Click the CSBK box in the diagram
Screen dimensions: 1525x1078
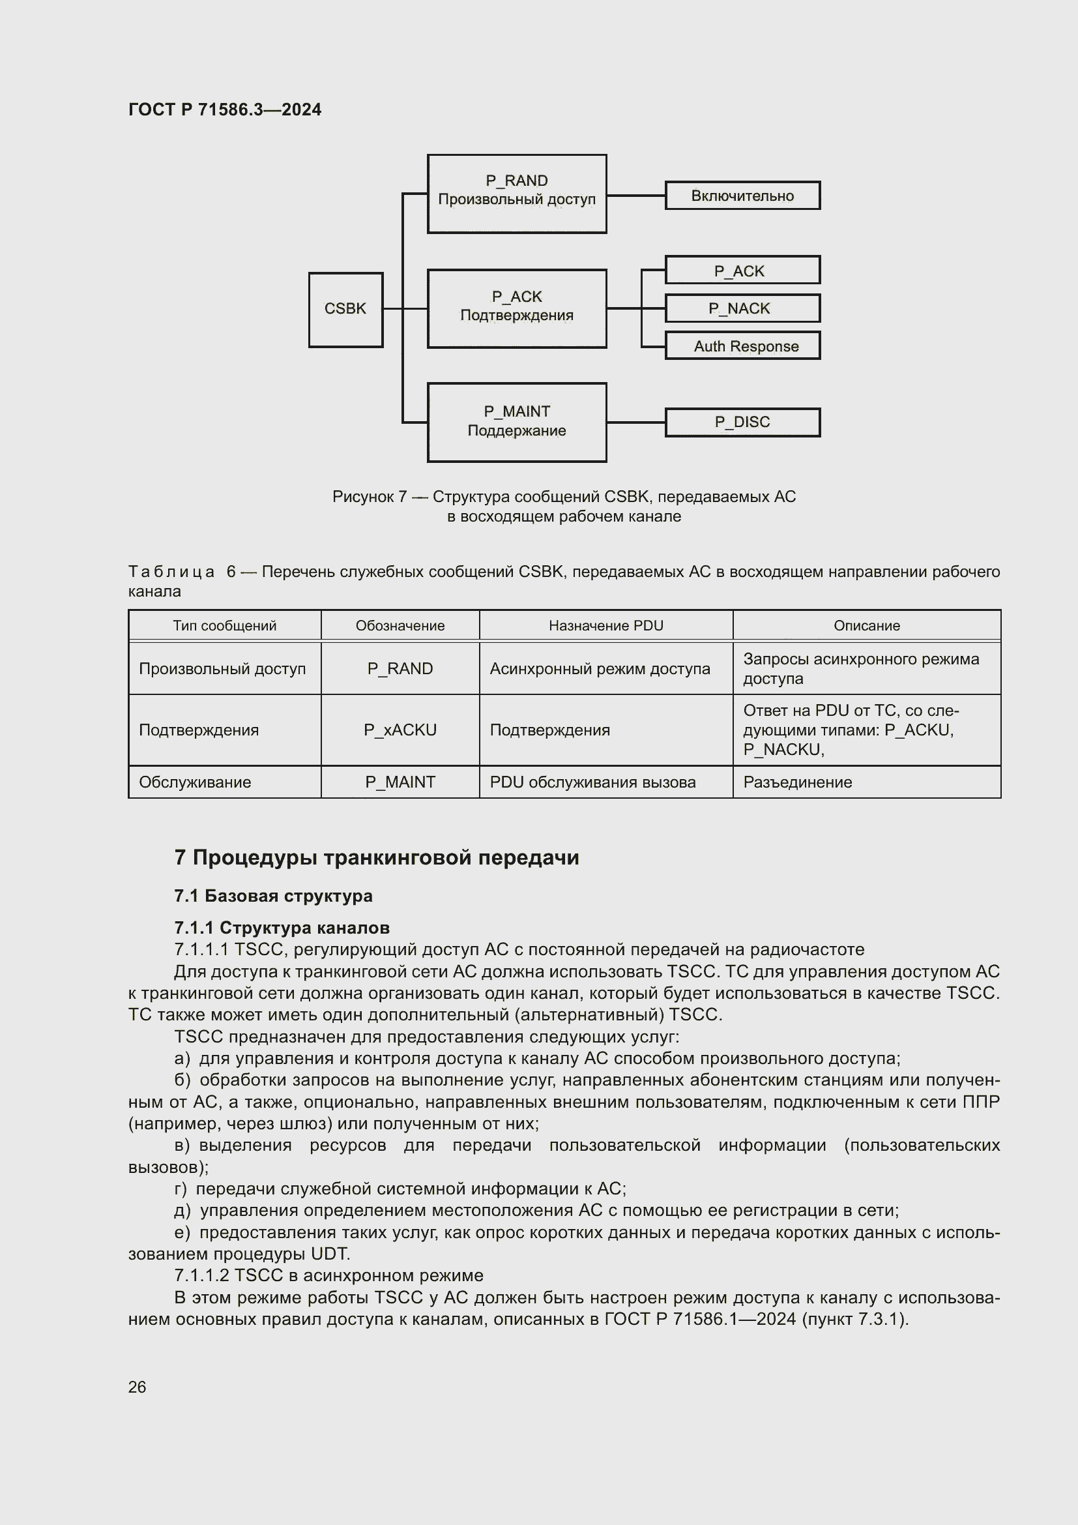[x=345, y=309]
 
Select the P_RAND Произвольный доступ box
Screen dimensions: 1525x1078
[x=516, y=193]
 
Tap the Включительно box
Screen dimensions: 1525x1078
[x=742, y=196]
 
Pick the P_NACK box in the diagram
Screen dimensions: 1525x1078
[x=742, y=308]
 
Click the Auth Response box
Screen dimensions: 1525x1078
[x=742, y=346]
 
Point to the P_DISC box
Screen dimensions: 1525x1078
[x=742, y=422]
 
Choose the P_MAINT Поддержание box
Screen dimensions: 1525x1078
[x=516, y=422]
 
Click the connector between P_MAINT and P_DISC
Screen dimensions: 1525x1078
[x=635, y=422]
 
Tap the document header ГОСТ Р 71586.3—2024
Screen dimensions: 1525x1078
[x=224, y=110]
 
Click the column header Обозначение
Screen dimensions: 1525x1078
[x=400, y=626]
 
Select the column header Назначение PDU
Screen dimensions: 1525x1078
[x=605, y=626]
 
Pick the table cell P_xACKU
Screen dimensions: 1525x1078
[x=400, y=730]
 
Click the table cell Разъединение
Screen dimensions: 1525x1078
[x=797, y=782]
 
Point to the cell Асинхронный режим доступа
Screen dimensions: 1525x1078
[x=600, y=669]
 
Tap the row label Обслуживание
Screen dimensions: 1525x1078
[x=194, y=782]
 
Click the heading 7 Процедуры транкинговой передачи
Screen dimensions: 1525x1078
[x=376, y=857]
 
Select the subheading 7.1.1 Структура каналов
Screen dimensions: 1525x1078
[x=282, y=927]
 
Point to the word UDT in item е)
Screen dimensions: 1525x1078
[x=329, y=1254]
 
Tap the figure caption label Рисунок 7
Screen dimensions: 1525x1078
[x=369, y=497]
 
